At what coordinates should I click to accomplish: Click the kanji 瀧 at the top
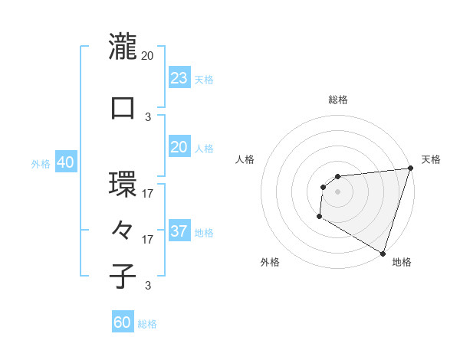click(123, 46)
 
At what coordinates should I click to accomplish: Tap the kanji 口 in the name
click(123, 107)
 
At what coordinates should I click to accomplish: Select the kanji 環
click(123, 184)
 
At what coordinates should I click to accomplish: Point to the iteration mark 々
click(123, 230)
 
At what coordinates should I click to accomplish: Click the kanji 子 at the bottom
click(123, 276)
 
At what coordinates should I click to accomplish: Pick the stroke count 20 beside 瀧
click(148, 56)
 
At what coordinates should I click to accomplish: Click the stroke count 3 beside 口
click(148, 117)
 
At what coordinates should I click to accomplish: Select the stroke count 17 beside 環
click(148, 194)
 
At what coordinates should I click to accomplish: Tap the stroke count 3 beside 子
click(148, 286)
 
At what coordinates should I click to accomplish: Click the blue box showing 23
click(179, 77)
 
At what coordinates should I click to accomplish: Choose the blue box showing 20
click(179, 146)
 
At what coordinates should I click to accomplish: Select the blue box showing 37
click(179, 231)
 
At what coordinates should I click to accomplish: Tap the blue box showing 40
click(65, 162)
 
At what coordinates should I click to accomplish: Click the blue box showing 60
click(123, 322)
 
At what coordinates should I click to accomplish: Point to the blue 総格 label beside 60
click(147, 324)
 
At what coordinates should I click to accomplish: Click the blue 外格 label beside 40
click(41, 163)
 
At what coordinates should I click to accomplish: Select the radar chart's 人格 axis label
click(245, 159)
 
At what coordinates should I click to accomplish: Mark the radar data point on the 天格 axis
click(410, 169)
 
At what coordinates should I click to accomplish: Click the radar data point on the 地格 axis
click(383, 254)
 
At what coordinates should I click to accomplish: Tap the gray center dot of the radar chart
click(337, 192)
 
